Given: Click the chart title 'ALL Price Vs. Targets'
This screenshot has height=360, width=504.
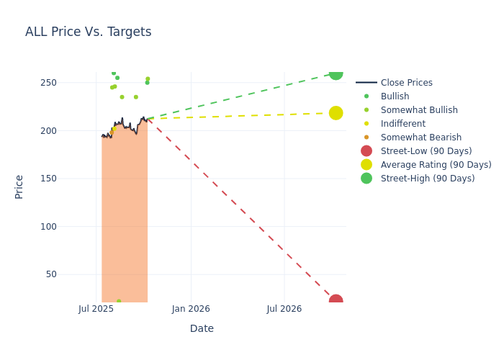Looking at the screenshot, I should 88,32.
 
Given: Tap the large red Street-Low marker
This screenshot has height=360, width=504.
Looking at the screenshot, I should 336,300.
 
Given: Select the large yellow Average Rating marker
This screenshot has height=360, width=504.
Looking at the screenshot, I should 336,113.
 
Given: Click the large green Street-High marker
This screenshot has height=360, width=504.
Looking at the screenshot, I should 336,73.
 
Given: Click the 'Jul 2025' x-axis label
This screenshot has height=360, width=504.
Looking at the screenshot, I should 96,309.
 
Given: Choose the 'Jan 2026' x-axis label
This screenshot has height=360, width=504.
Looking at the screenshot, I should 191,309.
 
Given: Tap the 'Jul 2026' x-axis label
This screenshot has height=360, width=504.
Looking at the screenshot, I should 284,309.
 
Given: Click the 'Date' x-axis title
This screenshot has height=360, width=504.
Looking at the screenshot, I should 202,328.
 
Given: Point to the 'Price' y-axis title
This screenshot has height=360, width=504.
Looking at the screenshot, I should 19,186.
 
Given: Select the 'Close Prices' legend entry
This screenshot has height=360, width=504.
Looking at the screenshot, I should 406,83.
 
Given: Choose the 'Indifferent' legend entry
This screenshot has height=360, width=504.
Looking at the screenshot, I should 402,124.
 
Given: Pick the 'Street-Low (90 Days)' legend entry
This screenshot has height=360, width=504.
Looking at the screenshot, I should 426,151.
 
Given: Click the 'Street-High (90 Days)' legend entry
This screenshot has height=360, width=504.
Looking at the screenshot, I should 427,179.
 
